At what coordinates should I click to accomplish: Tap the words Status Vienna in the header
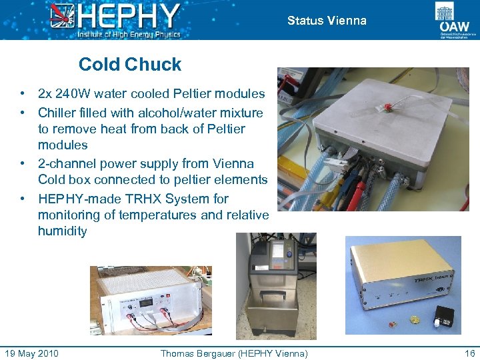[x=327, y=21]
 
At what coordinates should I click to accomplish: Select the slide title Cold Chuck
[x=130, y=65]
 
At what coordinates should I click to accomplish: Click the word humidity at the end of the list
[x=62, y=231]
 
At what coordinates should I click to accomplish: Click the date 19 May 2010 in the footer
[x=31, y=353]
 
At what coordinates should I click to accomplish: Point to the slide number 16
[x=469, y=353]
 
